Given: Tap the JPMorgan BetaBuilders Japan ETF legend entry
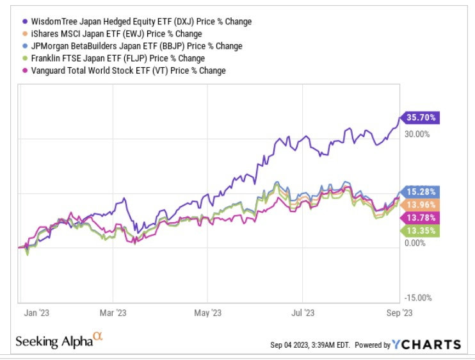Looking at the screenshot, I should pos(134,45).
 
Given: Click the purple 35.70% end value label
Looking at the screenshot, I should pos(422,118).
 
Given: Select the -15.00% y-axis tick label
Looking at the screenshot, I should pos(419,298).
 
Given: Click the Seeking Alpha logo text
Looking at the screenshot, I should pos(58,340).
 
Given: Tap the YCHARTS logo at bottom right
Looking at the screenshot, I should pos(428,345).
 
